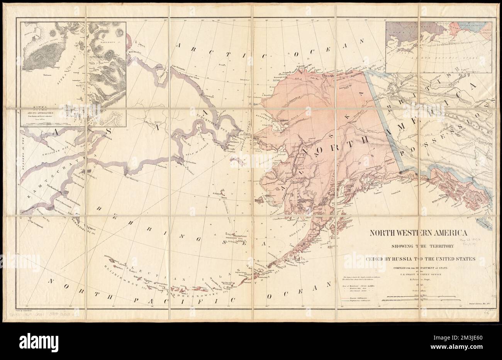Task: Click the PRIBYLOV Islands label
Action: click(236, 240)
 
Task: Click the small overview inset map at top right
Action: click(439, 47)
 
